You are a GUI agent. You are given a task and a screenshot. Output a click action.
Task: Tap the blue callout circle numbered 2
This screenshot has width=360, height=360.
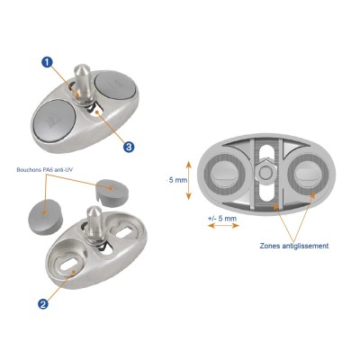point(42,303)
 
